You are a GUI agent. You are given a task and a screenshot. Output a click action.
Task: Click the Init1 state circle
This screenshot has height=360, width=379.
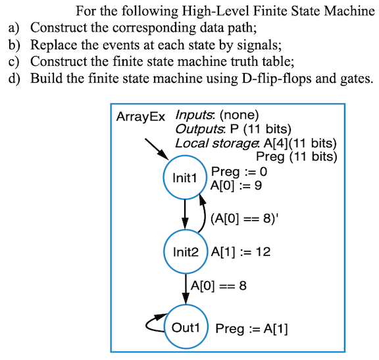tap(185, 178)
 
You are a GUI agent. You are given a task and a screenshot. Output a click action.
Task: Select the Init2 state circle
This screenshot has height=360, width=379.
tap(185, 252)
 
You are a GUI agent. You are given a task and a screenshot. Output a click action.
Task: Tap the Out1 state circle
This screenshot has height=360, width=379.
tap(186, 327)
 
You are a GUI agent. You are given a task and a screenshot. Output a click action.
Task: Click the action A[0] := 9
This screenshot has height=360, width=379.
tap(236, 186)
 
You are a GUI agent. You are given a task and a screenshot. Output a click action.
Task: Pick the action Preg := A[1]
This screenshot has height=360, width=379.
tap(252, 328)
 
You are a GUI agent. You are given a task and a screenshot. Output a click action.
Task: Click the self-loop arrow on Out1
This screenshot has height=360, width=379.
tap(154, 322)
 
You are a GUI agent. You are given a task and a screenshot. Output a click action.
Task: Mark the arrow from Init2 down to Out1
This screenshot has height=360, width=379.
tap(185, 288)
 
